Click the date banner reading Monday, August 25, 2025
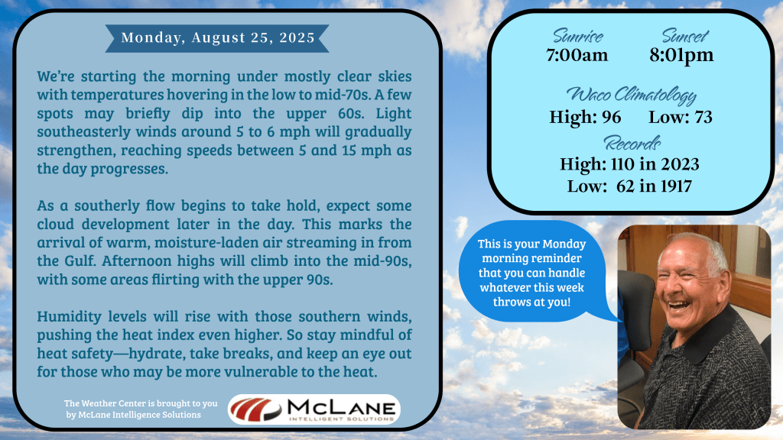(x=217, y=38)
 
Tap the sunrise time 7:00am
(x=577, y=55)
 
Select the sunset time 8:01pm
(x=681, y=55)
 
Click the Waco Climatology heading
(x=631, y=95)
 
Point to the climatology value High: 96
(x=585, y=117)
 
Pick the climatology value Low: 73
(x=680, y=117)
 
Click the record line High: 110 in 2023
(x=629, y=164)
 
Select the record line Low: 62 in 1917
(x=629, y=186)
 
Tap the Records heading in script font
(x=632, y=144)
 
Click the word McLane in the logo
(x=341, y=408)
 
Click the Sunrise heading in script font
(x=578, y=37)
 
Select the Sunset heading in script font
(x=685, y=36)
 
